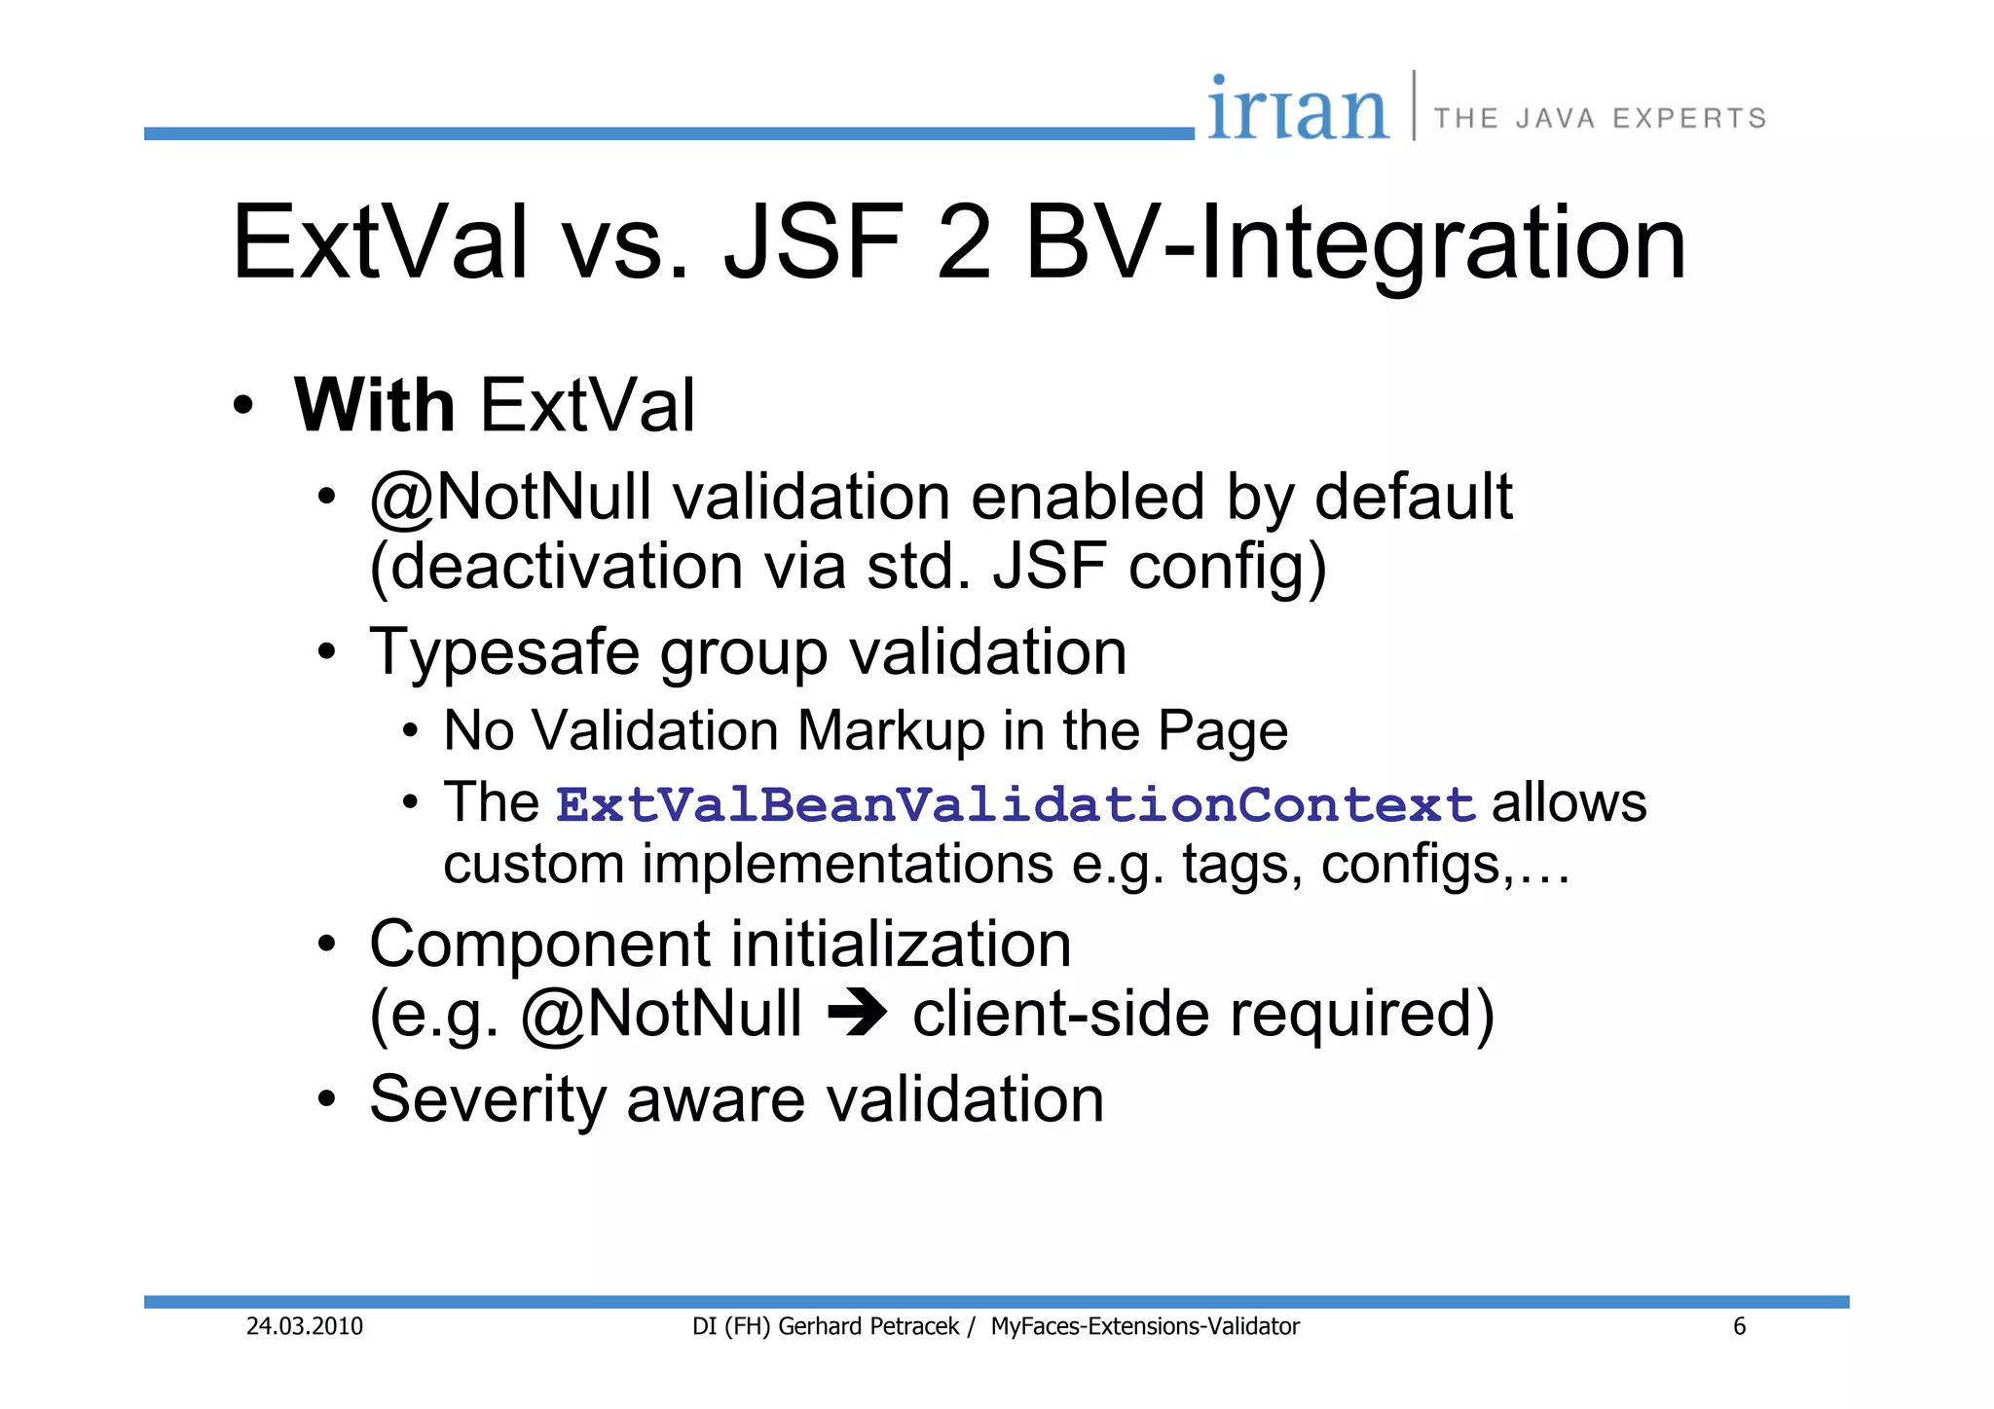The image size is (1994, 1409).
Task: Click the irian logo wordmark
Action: coord(1297,109)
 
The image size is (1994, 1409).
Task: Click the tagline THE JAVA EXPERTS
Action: coord(1600,119)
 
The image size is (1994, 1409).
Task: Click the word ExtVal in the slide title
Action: coord(380,242)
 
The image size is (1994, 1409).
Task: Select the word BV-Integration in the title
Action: coord(1355,242)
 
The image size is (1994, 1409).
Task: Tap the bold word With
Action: coord(375,405)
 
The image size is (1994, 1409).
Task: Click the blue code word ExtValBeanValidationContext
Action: coord(1015,805)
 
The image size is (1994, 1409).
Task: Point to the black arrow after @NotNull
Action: coord(857,1015)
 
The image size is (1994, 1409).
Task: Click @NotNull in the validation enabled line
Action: coord(510,497)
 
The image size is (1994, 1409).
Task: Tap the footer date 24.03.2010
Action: coord(304,1326)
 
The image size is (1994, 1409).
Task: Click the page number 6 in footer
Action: coord(1739,1326)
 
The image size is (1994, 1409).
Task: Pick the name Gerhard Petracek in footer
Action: coord(868,1326)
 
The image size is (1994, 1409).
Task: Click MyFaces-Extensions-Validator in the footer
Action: coord(1145,1326)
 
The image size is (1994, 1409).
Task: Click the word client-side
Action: coord(1060,1015)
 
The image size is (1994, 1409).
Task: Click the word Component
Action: coord(540,945)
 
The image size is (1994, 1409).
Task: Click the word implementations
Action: coord(846,865)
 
